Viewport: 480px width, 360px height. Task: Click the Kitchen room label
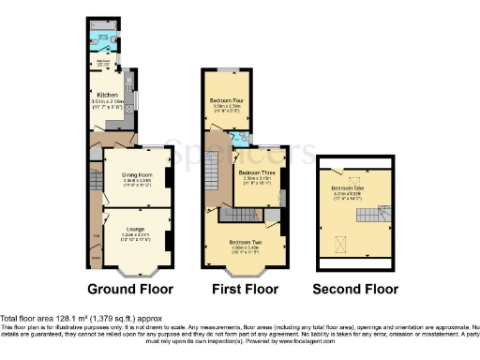[x=105, y=94]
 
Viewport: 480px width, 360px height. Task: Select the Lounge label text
[x=130, y=222]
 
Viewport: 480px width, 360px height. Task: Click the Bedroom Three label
[x=255, y=173]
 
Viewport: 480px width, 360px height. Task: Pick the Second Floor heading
[x=355, y=289]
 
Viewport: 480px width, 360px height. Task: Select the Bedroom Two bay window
[x=246, y=272]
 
